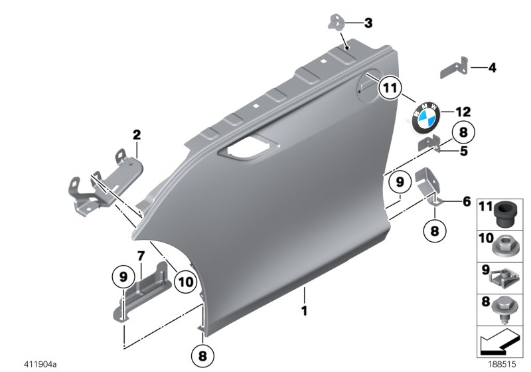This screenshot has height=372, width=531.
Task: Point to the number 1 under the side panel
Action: click(x=304, y=310)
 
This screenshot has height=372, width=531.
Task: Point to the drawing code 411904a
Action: click(x=41, y=363)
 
